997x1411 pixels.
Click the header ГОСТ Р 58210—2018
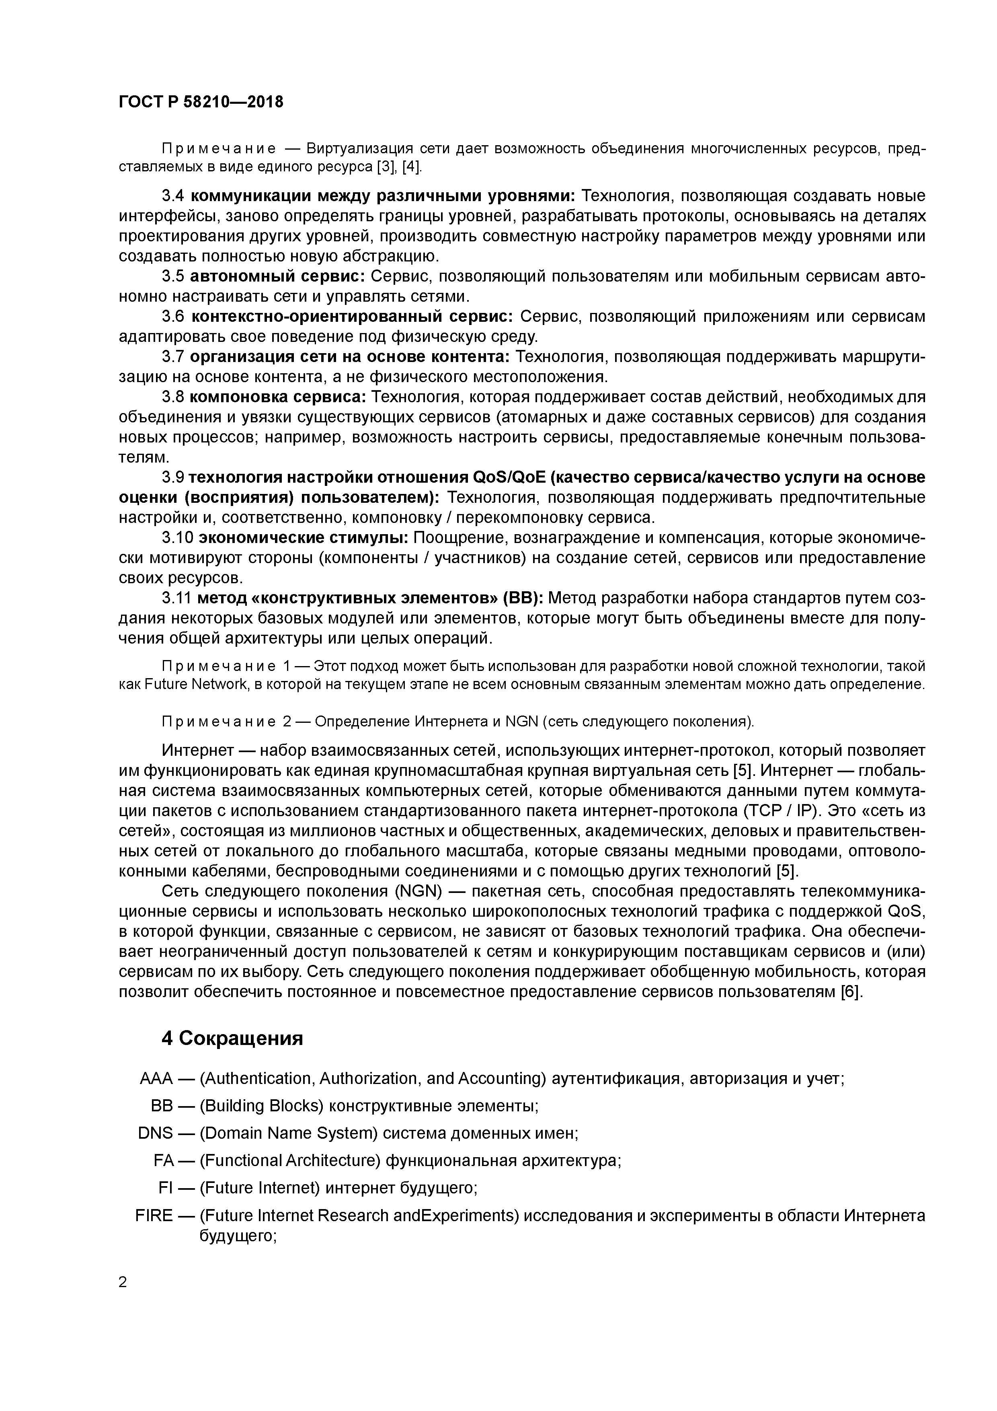(x=201, y=102)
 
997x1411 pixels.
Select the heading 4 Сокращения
(x=232, y=1039)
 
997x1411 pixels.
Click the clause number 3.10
(x=177, y=538)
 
